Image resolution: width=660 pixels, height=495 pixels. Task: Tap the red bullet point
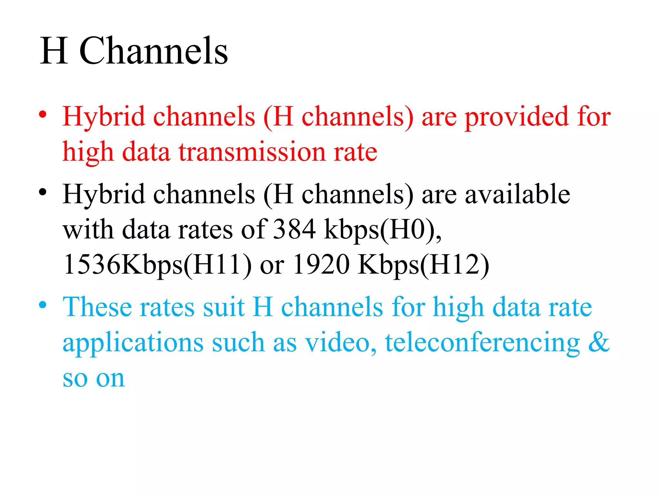pos(43,115)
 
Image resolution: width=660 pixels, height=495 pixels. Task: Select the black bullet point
pos(43,192)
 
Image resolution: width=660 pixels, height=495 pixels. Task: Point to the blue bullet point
pos(43,305)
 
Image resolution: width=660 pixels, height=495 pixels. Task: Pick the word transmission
pos(252,152)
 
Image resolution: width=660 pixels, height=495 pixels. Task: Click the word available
pos(517,194)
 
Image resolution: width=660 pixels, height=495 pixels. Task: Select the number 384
pos(294,229)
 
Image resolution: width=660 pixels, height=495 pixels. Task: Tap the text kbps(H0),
pos(383,230)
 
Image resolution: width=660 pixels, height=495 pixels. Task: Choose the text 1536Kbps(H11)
pos(158,265)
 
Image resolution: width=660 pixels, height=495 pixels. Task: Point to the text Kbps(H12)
pos(423,265)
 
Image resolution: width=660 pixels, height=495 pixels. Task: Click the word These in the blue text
pos(97,307)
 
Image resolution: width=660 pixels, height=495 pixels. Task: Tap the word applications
pos(133,343)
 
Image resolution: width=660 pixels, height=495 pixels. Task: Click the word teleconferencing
pos(482,343)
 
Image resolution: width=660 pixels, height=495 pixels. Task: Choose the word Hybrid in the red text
pos(104,117)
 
